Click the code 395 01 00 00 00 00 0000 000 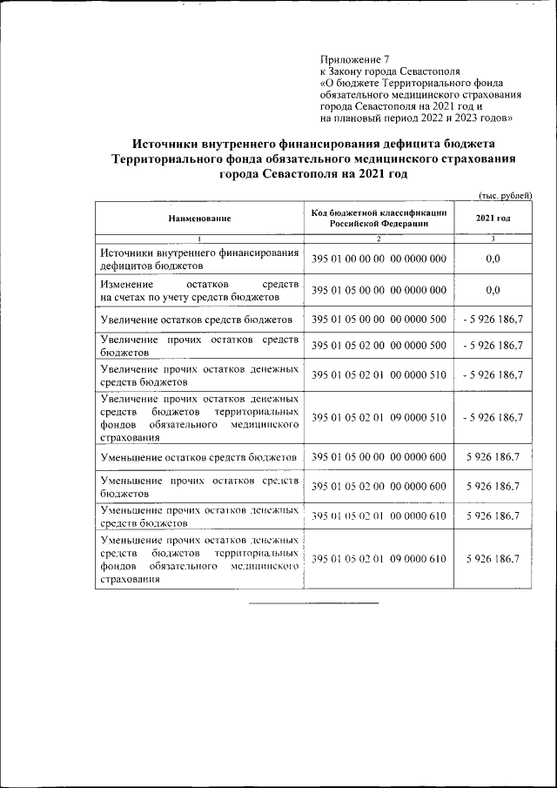click(x=379, y=259)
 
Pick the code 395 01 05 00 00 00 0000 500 click(x=379, y=320)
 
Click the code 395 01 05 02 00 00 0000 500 click(x=379, y=346)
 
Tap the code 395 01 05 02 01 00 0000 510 click(x=379, y=375)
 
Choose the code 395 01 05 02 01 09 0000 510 click(x=379, y=418)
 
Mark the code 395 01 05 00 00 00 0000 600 click(x=379, y=457)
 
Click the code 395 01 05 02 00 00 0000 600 click(x=379, y=486)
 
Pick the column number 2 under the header click(x=379, y=239)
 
